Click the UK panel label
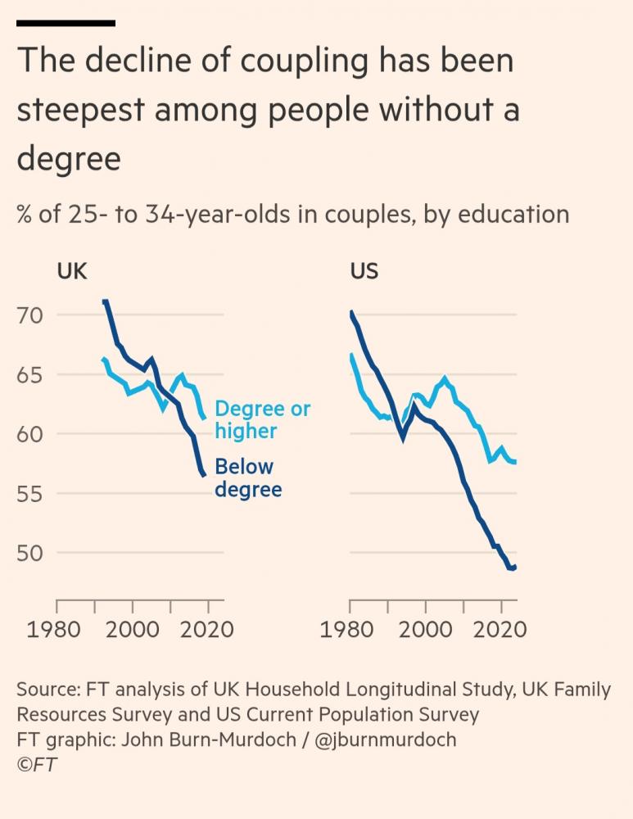[72, 270]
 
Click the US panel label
[364, 270]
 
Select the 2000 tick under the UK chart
[132, 630]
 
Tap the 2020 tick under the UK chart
[207, 630]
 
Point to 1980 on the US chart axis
[350, 630]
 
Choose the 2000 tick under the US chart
[425, 630]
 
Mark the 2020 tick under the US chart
[500, 630]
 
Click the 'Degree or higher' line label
[262, 419]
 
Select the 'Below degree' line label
[247, 478]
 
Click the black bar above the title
[66, 23]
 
